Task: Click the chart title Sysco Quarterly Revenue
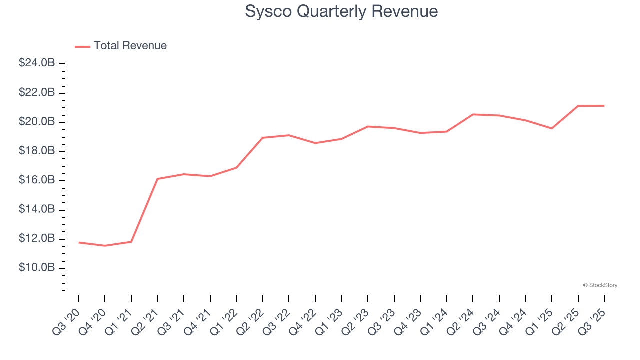(341, 11)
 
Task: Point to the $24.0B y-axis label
(37, 63)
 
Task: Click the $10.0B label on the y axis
(37, 268)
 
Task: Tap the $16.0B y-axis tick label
(37, 180)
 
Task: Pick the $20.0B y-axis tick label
(37, 122)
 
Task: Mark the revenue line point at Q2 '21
(157, 179)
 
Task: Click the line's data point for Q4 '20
(105, 246)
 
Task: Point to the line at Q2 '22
(262, 138)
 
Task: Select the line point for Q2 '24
(473, 114)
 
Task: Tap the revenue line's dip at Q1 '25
(552, 128)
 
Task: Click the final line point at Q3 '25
(604, 106)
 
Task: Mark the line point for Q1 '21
(131, 242)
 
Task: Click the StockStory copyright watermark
(600, 285)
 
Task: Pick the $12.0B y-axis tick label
(37, 239)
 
